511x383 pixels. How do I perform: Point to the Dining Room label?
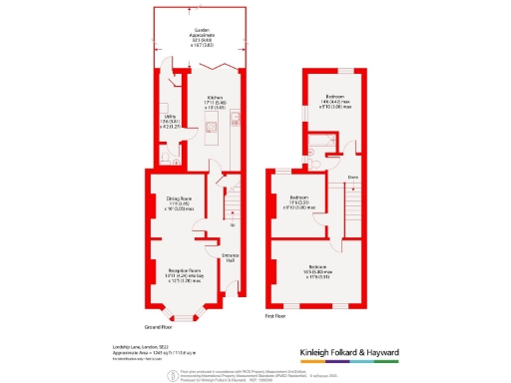click(x=178, y=198)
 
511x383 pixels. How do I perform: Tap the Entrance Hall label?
click(x=230, y=259)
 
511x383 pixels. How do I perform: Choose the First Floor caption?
click(x=276, y=316)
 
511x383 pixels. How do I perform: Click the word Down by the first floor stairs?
click(x=352, y=178)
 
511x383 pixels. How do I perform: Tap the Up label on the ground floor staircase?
click(x=232, y=225)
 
